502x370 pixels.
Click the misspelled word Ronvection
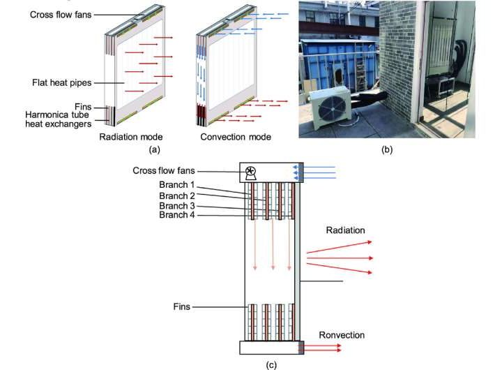click(x=342, y=335)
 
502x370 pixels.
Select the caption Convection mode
click(x=236, y=137)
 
